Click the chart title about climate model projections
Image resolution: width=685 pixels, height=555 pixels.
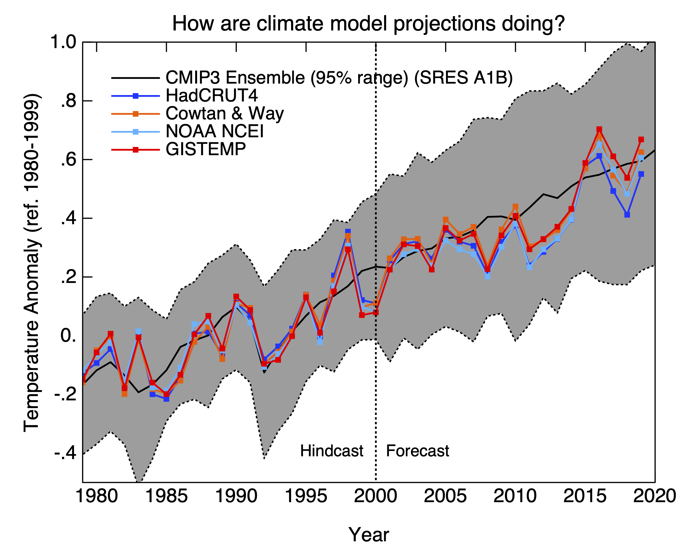(368, 24)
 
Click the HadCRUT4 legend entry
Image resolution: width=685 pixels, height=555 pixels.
(212, 96)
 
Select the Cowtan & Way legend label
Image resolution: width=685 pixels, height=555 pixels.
(225, 114)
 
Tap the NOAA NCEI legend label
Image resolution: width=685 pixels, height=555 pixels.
(214, 131)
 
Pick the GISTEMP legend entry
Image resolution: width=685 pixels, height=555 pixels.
(206, 149)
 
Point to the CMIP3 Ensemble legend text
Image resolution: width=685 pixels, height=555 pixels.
(339, 78)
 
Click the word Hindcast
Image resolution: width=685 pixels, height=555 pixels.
(332, 451)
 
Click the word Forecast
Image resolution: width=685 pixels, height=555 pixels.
(417, 451)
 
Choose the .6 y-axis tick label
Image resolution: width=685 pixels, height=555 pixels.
(68, 160)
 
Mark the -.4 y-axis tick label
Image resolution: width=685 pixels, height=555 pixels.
(65, 453)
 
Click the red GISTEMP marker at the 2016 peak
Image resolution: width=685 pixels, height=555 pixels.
(599, 129)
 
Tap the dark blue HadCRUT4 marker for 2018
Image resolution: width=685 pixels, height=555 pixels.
(627, 215)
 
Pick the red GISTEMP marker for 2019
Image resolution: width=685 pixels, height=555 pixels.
(641, 140)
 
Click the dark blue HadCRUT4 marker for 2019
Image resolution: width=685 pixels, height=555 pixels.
(641, 174)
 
